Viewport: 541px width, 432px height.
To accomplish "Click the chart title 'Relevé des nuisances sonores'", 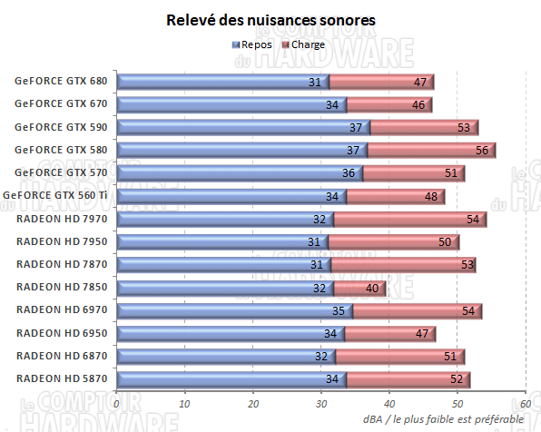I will click(271, 19).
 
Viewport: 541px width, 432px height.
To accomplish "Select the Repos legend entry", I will click(253, 44).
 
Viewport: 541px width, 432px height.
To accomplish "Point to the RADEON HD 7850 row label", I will click(61, 288).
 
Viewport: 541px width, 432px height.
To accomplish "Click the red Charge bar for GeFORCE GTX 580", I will click(431, 151).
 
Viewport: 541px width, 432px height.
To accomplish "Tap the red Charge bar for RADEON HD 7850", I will click(359, 288).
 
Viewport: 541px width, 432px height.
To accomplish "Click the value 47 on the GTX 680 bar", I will click(420, 83).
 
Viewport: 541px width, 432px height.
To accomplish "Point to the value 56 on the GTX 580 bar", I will click(482, 151).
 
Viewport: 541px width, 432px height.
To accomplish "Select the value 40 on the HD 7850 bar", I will click(372, 289).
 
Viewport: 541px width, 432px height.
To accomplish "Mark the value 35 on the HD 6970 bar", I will click(338, 311).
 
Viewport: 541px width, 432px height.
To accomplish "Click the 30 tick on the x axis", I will click(321, 405).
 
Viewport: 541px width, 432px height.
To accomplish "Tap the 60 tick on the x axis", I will click(526, 405).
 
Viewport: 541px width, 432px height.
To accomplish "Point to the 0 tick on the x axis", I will click(117, 405).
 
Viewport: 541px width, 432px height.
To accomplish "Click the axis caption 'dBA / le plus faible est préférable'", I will click(443, 419).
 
